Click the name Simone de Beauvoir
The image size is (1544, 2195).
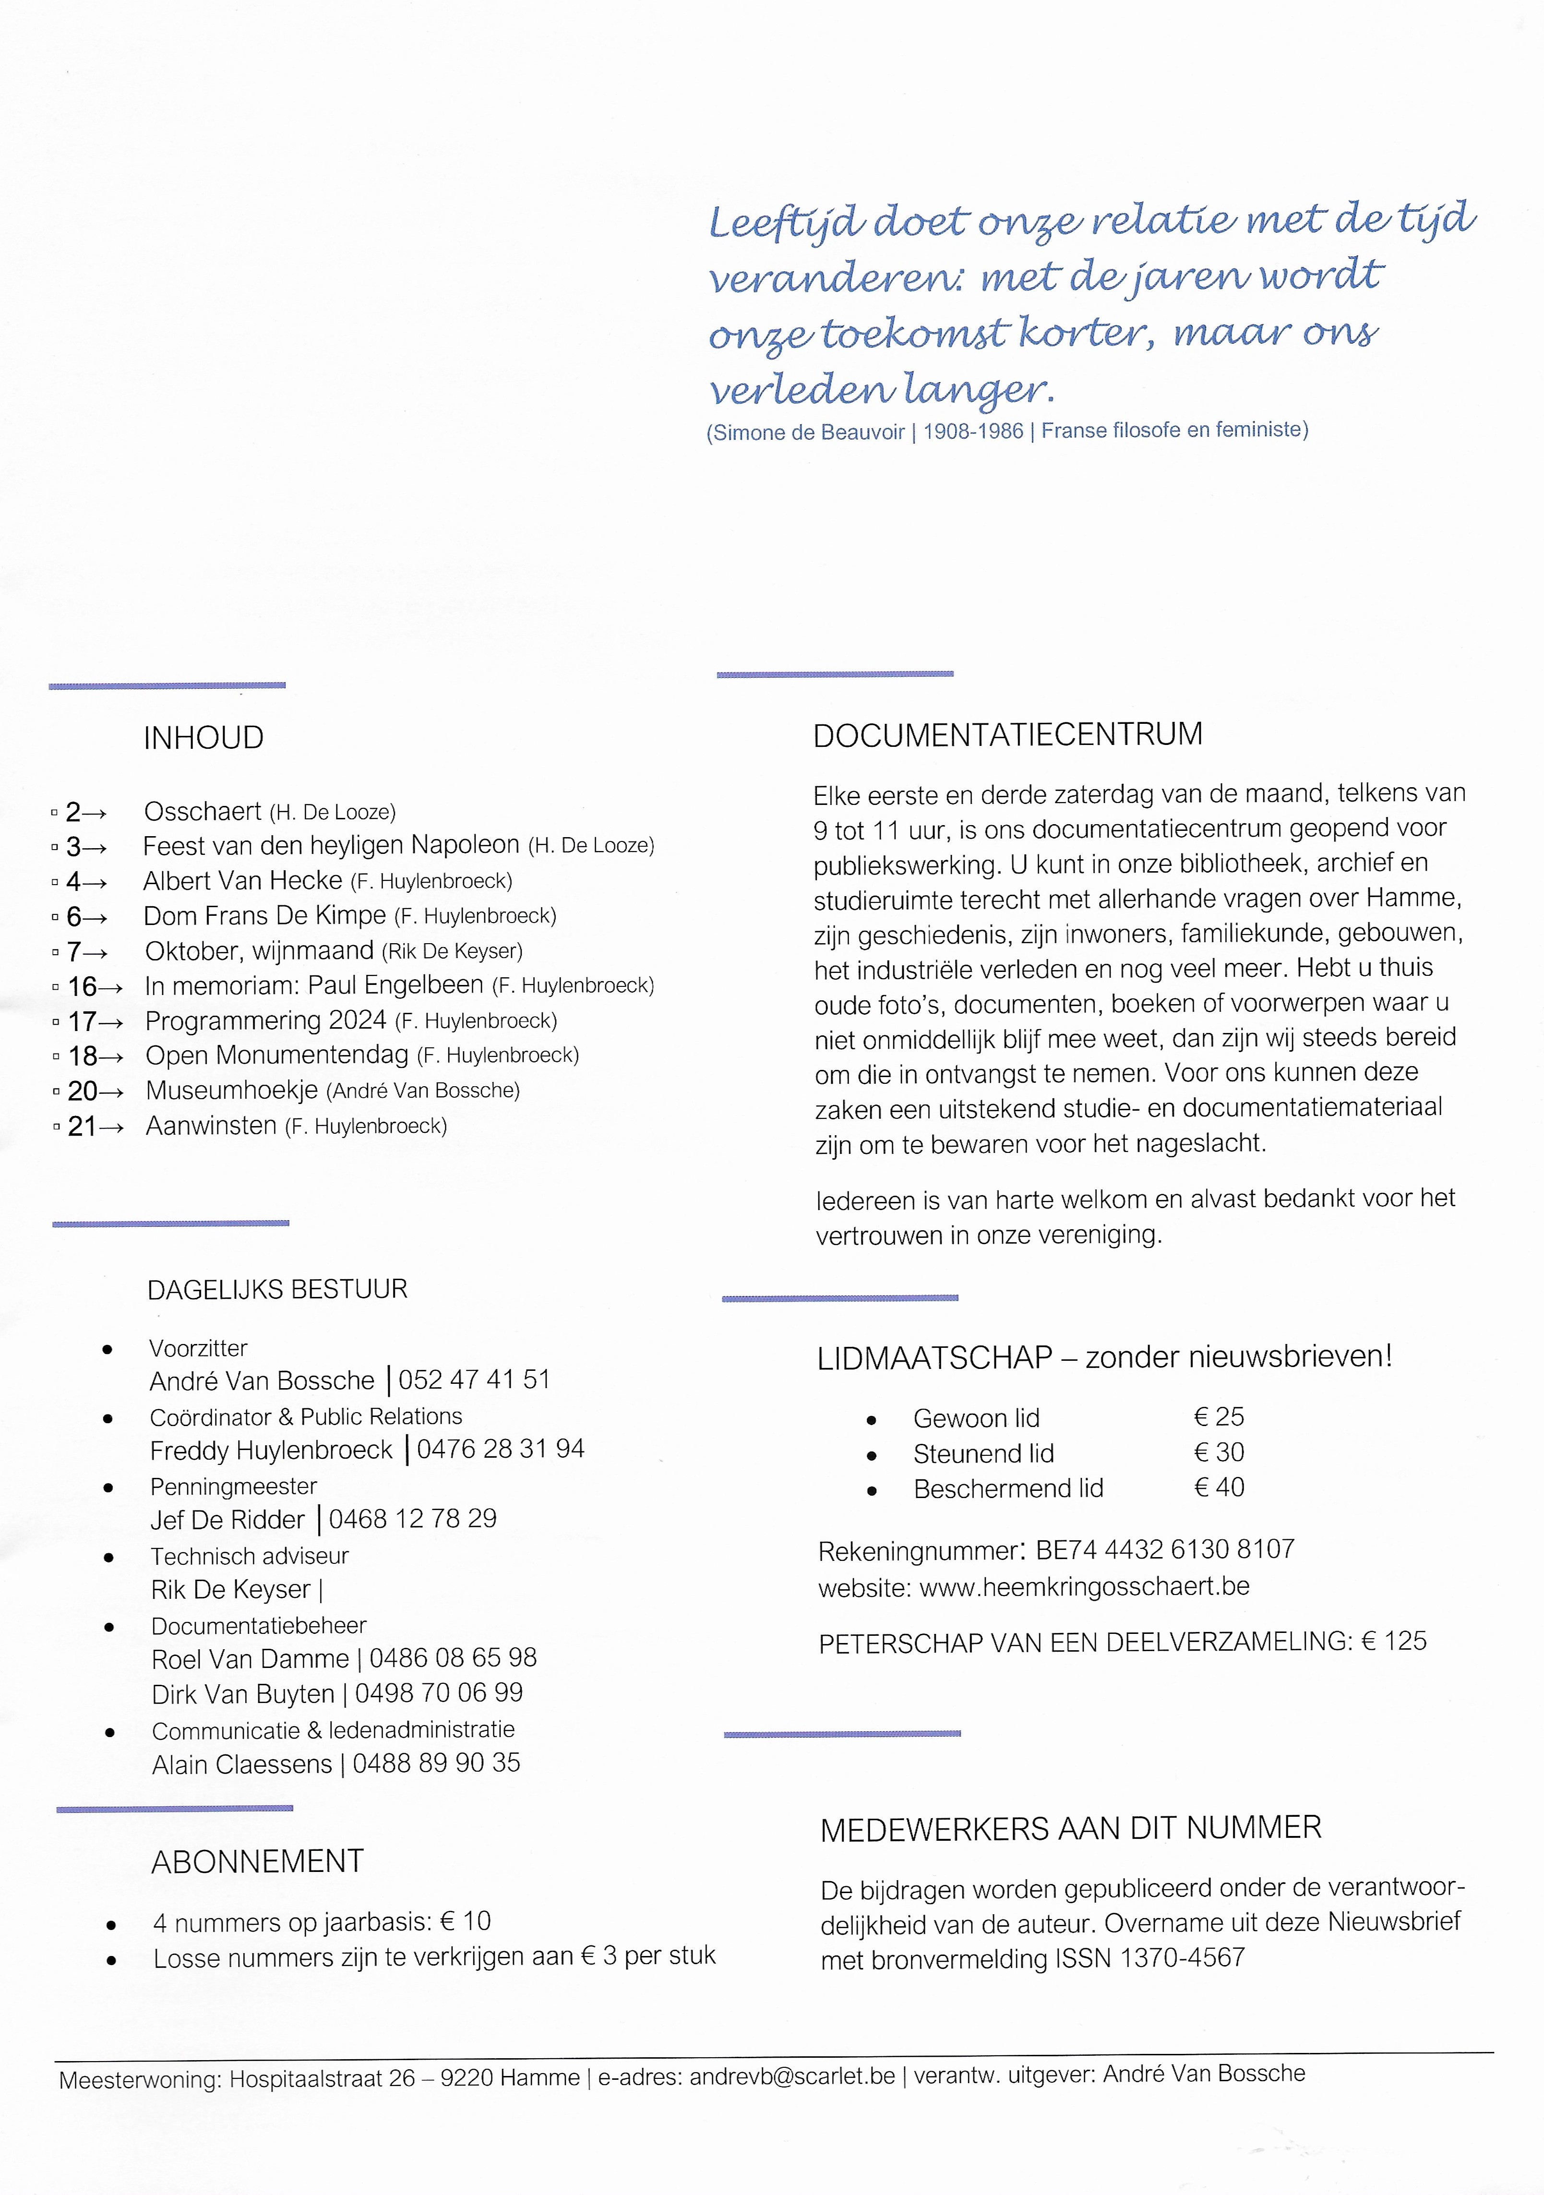809,432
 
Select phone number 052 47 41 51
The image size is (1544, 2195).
474,1379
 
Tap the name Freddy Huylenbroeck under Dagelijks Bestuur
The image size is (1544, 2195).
272,1450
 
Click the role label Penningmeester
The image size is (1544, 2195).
233,1487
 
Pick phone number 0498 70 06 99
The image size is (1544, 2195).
439,1693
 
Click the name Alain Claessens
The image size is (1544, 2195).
242,1764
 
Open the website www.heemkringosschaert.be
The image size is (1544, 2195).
1084,1587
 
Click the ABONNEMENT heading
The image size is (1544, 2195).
257,1861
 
